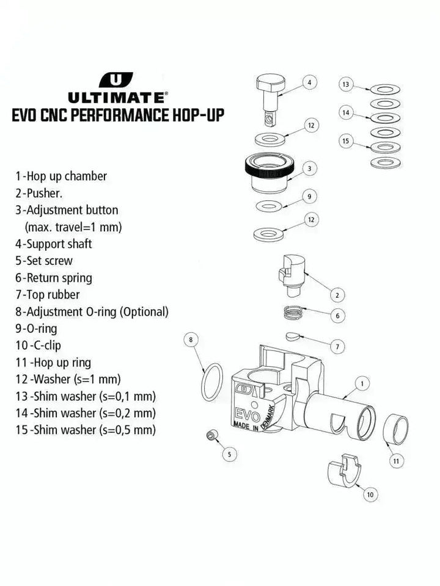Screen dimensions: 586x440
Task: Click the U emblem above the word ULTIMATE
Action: coord(116,80)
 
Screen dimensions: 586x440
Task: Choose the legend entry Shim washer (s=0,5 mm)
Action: coord(86,430)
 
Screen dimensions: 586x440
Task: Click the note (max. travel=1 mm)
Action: coord(73,226)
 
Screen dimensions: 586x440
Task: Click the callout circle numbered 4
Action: coord(309,82)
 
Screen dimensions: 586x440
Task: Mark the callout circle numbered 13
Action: coord(346,84)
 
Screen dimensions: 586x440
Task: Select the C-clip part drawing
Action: coord(343,471)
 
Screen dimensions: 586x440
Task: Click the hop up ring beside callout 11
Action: coord(395,430)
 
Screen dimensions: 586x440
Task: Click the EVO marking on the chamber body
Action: coord(247,408)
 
